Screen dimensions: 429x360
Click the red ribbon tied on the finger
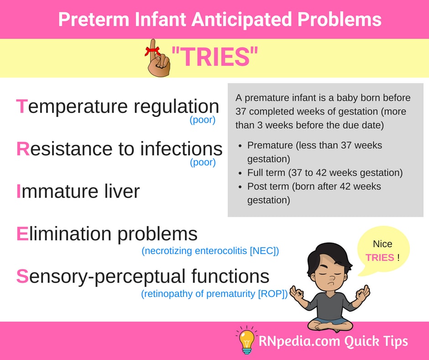click(x=153, y=51)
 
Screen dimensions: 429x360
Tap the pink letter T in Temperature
click(x=22, y=106)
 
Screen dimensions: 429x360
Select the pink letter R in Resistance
click(x=23, y=149)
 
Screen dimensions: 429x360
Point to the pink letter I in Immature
click(x=19, y=191)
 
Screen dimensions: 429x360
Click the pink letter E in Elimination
click(x=22, y=234)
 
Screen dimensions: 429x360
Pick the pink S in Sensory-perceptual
click(x=22, y=276)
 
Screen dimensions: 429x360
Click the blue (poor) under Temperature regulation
click(x=203, y=120)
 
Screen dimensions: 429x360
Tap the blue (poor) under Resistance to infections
click(x=203, y=162)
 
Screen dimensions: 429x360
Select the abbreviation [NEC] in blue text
click(x=264, y=251)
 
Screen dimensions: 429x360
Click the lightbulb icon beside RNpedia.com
click(x=246, y=340)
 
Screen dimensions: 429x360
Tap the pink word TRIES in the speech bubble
click(x=380, y=258)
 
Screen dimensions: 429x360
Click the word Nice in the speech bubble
click(x=382, y=244)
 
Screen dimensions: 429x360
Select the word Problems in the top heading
click(x=339, y=19)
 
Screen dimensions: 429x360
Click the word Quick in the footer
click(x=361, y=341)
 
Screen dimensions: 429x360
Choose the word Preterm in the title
click(x=94, y=19)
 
